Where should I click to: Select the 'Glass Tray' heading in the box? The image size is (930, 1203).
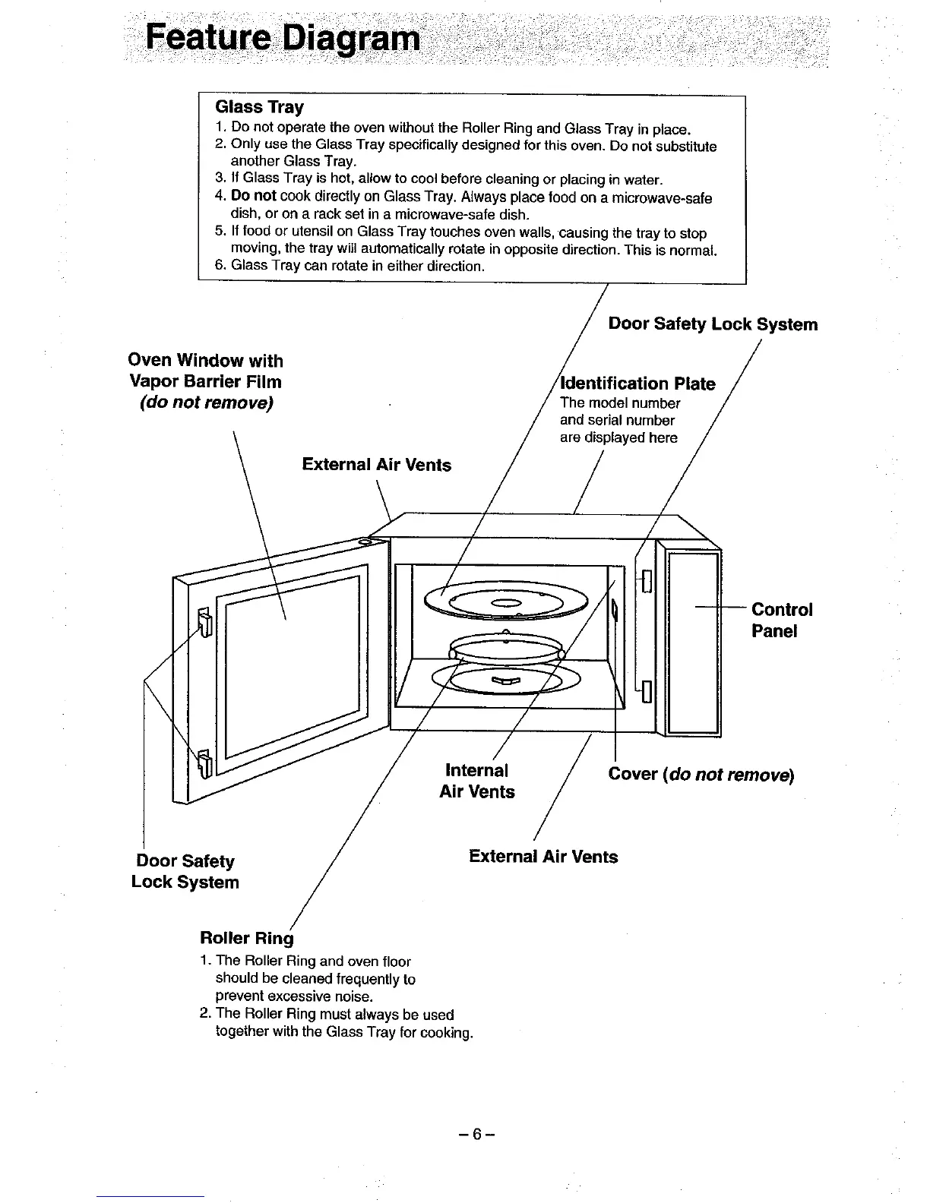[259, 106]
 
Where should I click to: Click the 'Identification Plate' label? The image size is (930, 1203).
[637, 384]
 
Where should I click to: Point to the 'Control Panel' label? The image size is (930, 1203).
[781, 620]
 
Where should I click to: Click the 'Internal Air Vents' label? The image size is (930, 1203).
[477, 781]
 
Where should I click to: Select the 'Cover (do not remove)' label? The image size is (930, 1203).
[701, 775]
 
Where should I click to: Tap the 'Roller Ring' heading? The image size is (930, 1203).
[246, 938]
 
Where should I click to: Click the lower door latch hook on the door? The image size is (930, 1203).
[204, 763]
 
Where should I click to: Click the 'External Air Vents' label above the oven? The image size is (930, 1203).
[376, 465]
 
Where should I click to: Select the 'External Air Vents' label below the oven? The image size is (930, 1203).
[543, 857]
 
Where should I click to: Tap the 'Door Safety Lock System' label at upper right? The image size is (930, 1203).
[713, 324]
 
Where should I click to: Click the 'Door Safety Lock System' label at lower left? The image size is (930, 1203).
[185, 871]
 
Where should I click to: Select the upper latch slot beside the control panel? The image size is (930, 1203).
[647, 580]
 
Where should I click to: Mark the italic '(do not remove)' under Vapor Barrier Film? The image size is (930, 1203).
[206, 403]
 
